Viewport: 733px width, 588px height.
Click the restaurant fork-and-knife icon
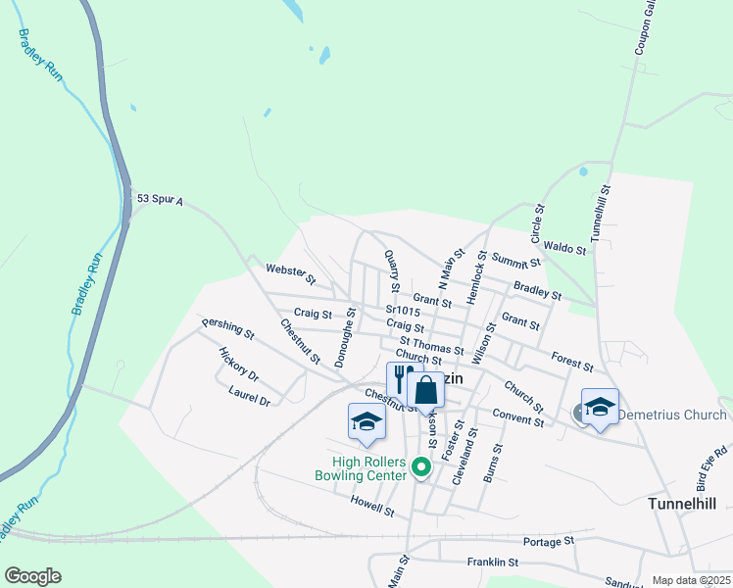click(x=400, y=379)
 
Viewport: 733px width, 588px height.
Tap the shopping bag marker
click(x=425, y=390)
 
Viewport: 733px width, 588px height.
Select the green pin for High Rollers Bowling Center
click(x=421, y=467)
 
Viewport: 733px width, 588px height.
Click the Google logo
click(x=32, y=576)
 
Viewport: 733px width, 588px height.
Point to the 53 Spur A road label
click(x=160, y=200)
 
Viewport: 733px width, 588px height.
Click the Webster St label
click(x=290, y=273)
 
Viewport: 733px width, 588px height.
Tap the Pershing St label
click(x=227, y=328)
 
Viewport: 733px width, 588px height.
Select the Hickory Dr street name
click(x=238, y=365)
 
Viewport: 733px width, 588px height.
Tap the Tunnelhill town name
click(x=682, y=503)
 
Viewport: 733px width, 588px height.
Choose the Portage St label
click(x=548, y=541)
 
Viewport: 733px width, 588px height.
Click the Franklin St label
click(x=492, y=563)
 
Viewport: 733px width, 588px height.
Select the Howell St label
click(x=372, y=506)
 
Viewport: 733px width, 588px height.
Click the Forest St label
click(x=572, y=361)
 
